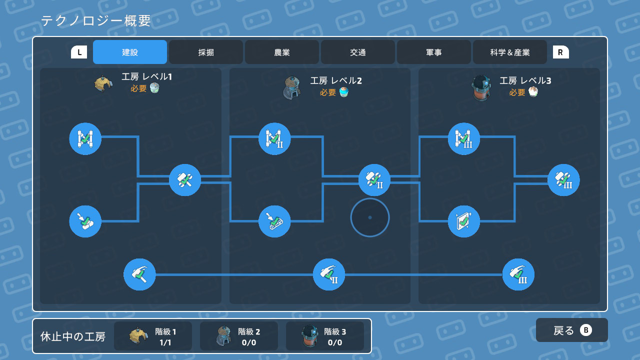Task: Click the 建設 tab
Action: tap(130, 52)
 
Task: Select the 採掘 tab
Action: tap(206, 52)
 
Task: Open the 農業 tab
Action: tap(282, 52)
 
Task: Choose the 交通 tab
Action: tap(358, 52)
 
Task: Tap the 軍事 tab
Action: tap(434, 52)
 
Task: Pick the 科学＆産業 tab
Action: tap(510, 52)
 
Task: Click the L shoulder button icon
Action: tap(79, 52)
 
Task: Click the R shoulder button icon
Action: tap(560, 52)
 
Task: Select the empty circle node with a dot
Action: tap(370, 217)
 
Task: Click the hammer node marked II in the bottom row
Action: tap(329, 274)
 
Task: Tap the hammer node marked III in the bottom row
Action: tap(518, 274)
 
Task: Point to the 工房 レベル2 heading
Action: tap(336, 80)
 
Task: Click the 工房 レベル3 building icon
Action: tap(481, 87)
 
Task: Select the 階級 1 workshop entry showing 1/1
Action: tap(153, 336)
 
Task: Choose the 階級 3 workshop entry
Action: tap(325, 336)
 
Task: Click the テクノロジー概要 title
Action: tap(96, 21)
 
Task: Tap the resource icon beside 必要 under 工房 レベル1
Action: tap(154, 88)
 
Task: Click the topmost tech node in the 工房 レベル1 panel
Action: tap(85, 138)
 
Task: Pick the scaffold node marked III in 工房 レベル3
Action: tap(464, 138)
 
